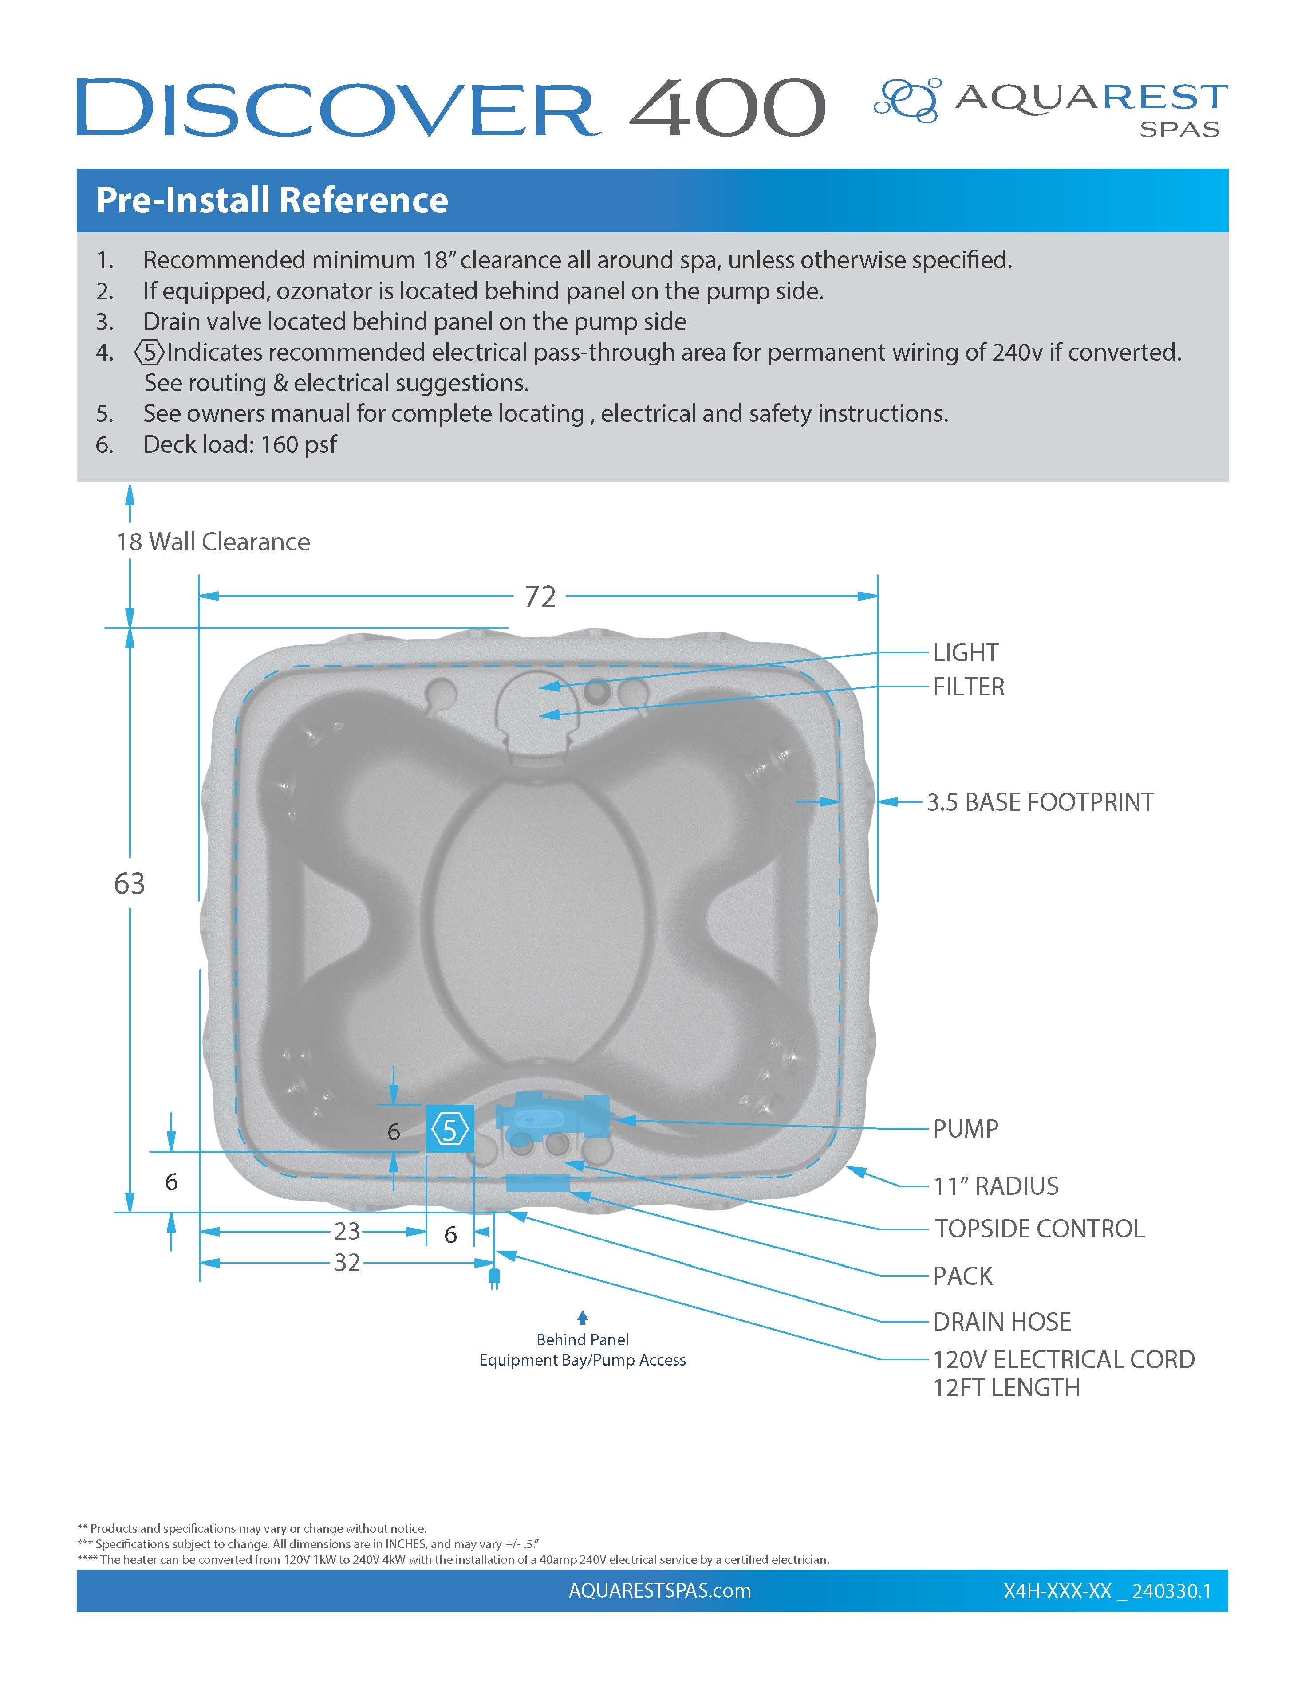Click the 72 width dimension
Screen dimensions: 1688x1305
[x=540, y=597]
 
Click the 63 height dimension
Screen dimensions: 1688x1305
[x=129, y=883]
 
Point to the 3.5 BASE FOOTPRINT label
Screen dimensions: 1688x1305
[x=1039, y=802]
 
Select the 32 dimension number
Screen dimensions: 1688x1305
[x=347, y=1263]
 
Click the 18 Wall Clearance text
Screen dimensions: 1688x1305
[x=213, y=542]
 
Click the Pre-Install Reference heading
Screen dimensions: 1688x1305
[x=272, y=200]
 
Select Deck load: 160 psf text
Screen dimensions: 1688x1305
[x=240, y=444]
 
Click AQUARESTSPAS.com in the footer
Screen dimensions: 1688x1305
[x=659, y=1590]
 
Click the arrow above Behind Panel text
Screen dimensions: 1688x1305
[x=582, y=1318]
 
